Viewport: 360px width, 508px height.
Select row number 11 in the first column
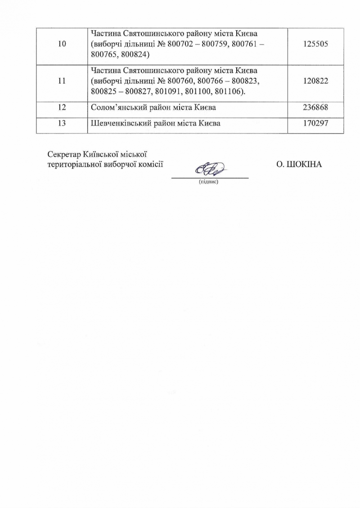(62, 81)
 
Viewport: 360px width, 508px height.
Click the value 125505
(316, 46)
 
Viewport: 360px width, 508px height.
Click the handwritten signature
(210, 169)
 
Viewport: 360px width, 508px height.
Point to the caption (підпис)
(208, 182)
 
